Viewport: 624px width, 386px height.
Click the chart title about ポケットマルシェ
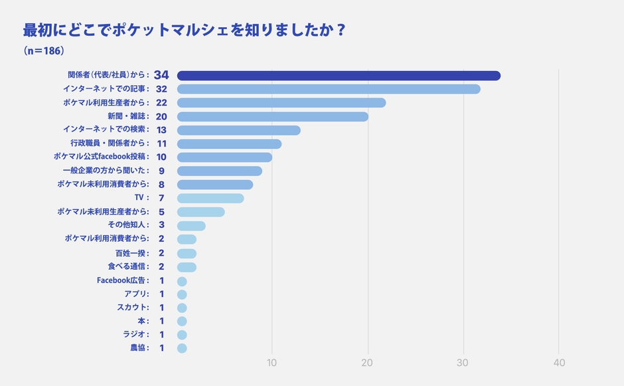click(x=184, y=31)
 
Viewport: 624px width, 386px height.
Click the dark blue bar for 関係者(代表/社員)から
click(x=339, y=76)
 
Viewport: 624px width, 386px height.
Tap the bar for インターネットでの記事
click(x=329, y=89)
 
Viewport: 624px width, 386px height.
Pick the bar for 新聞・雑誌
click(x=272, y=116)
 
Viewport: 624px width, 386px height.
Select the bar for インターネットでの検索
click(x=238, y=130)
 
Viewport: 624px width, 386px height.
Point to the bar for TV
click(x=210, y=198)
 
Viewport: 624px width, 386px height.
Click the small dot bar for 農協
click(x=182, y=348)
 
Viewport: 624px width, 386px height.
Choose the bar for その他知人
click(x=191, y=225)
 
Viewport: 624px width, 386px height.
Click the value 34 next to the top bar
click(x=161, y=75)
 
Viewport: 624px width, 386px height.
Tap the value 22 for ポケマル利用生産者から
click(x=161, y=103)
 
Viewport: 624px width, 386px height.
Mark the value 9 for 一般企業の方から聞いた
click(x=161, y=171)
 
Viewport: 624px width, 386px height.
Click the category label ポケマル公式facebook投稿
click(x=101, y=157)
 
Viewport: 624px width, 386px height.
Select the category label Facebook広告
click(x=123, y=280)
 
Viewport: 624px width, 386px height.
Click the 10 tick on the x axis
click(x=272, y=363)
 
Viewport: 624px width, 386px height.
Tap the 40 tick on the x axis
click(x=559, y=363)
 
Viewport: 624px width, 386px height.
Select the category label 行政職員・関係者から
click(x=110, y=144)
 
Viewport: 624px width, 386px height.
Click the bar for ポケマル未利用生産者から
click(x=200, y=212)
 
